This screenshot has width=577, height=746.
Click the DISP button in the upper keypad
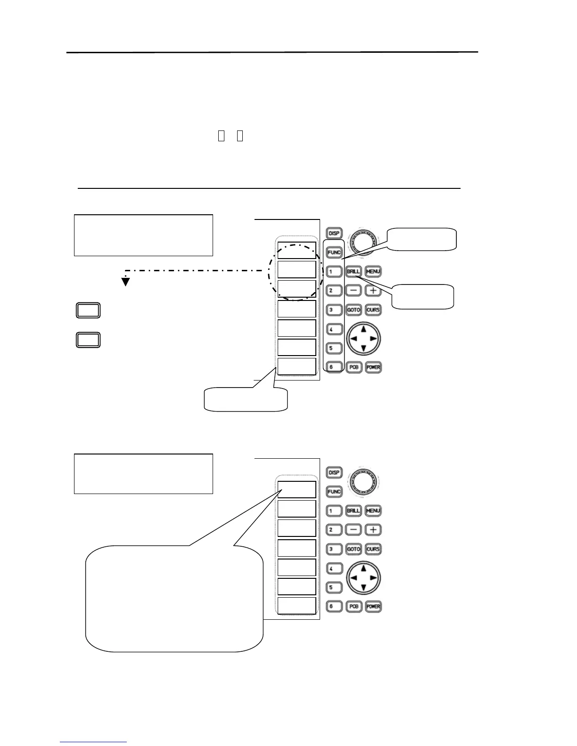coord(334,233)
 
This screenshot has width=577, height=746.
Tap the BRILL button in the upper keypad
coord(354,272)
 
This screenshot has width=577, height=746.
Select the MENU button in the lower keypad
coord(373,511)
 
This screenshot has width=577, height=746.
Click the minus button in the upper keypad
coord(354,291)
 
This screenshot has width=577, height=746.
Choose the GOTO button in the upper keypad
coord(354,310)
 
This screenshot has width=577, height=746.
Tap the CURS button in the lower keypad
coord(373,549)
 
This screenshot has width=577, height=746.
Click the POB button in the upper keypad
coord(354,367)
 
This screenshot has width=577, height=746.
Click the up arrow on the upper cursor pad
coord(363,329)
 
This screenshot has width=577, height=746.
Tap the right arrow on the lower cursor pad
coord(373,578)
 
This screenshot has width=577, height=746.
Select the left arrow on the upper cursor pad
coord(353,339)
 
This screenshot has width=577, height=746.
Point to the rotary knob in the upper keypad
coord(363,242)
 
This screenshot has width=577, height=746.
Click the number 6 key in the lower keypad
coord(334,606)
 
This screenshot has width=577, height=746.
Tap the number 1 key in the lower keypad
coord(334,511)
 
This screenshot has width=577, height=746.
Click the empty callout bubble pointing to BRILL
coord(423,297)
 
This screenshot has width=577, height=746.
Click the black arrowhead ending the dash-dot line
coord(125,282)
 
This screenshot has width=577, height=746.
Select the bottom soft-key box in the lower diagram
coord(297,606)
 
